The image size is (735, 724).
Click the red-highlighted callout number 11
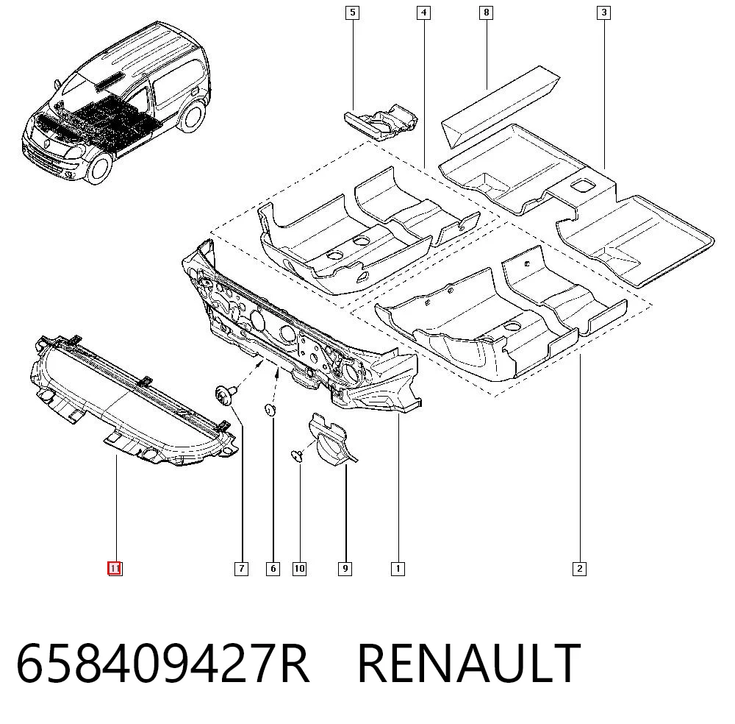115,569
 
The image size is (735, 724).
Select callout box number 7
241,569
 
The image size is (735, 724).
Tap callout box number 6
273,569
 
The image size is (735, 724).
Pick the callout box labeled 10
300,569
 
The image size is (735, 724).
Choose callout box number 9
345,569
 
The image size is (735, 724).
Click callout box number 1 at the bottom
398,569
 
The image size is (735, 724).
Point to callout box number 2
580,569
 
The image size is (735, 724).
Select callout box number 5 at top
353,13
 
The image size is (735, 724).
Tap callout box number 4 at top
424,13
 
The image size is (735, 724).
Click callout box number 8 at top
486,13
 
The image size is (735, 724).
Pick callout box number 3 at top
603,13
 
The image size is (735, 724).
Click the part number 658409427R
162,664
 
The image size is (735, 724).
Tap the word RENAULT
469,664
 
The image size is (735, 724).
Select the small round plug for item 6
270,409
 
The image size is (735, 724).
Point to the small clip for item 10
297,455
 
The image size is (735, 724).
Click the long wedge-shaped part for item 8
500,107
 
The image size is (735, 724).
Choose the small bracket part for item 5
381,122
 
